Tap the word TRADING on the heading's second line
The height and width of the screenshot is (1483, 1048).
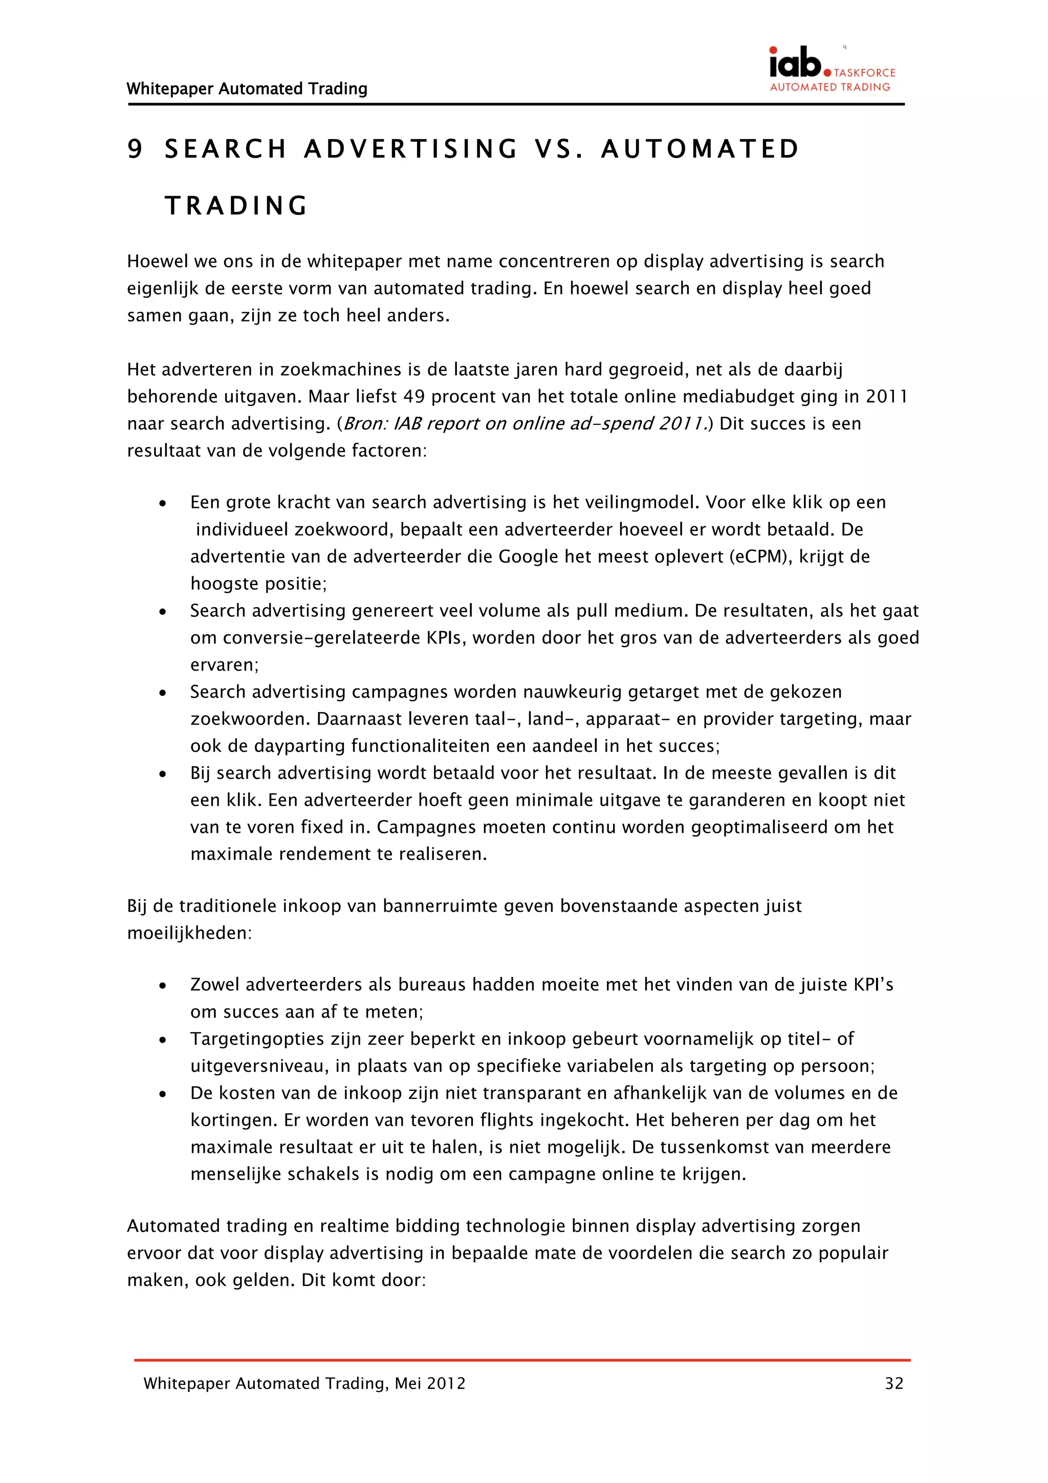coord(236,206)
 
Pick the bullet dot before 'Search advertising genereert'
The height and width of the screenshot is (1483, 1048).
coord(163,611)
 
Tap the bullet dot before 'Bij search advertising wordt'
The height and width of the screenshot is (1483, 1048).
coord(163,774)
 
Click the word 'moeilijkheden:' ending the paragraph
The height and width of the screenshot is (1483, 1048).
coord(189,933)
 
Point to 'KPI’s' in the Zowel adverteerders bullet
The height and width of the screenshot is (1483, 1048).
coord(873,984)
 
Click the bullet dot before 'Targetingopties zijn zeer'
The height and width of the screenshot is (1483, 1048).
coord(163,1039)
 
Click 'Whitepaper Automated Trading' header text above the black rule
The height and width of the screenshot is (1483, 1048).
coord(247,89)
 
